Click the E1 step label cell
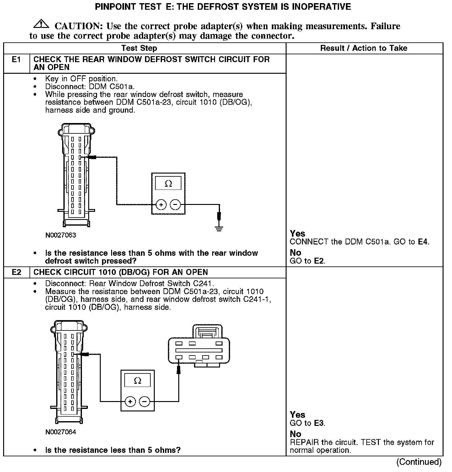(x=16, y=60)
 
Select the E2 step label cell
(x=16, y=272)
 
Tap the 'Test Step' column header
(x=139, y=48)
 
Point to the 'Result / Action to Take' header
(x=363, y=48)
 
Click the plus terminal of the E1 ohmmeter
(x=161, y=205)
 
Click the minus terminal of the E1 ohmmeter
(x=175, y=205)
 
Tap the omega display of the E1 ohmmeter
(x=168, y=184)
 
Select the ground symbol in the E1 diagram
(x=219, y=228)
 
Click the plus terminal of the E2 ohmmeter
(x=130, y=402)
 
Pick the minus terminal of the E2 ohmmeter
(x=144, y=402)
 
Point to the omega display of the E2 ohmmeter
(x=137, y=381)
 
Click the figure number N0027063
(x=61, y=235)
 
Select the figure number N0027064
(x=61, y=432)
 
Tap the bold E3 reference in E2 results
(x=319, y=423)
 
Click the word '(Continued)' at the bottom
(x=419, y=462)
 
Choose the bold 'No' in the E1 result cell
(x=295, y=253)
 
